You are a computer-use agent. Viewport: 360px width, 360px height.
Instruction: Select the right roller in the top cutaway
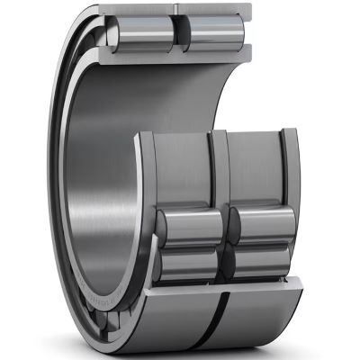point(213,28)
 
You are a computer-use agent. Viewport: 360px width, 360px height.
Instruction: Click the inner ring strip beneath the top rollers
point(180,53)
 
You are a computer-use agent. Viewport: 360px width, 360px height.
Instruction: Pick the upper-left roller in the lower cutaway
point(189,226)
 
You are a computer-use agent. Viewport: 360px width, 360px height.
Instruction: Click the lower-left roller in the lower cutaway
point(189,262)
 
